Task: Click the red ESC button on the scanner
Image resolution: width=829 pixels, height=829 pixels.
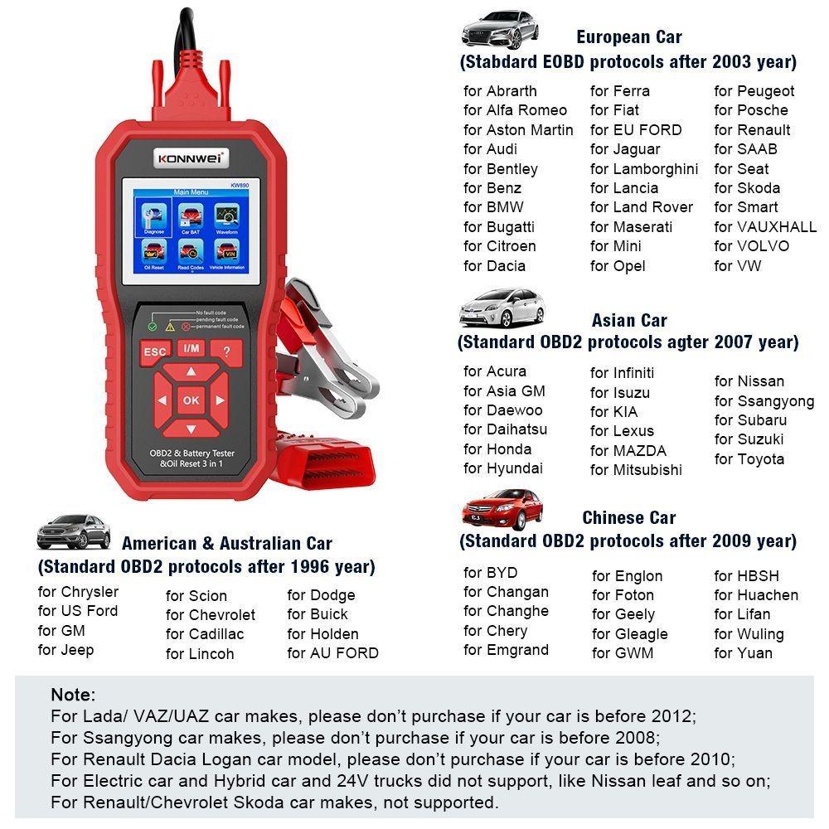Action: click(x=155, y=351)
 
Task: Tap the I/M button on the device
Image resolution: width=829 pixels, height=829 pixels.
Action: click(x=191, y=349)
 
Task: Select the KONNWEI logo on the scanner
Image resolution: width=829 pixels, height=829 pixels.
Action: click(x=191, y=157)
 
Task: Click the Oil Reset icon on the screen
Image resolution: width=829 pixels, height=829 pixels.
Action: click(x=154, y=253)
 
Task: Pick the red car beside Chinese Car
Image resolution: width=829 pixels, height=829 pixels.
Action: click(x=502, y=510)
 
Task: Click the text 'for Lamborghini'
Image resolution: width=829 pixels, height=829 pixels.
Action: click(x=644, y=168)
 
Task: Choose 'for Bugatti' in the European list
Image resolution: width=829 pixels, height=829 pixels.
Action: click(x=499, y=226)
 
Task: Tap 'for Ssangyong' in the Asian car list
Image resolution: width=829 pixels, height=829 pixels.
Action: click(x=764, y=401)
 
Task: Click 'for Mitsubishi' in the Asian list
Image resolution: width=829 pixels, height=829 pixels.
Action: click(x=636, y=470)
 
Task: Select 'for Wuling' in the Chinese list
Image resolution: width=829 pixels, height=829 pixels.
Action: click(x=748, y=634)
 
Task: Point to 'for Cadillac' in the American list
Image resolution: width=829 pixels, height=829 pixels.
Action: click(x=205, y=634)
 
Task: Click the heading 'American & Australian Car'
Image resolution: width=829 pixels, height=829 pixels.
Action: click(x=226, y=544)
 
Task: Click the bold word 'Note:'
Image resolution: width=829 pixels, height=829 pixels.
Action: click(x=73, y=695)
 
